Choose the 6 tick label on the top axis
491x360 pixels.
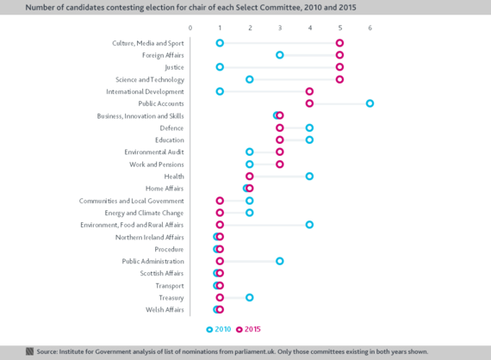click(x=370, y=28)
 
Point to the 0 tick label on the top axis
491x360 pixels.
click(x=190, y=28)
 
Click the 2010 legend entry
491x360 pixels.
click(x=219, y=329)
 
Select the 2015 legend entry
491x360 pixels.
click(x=248, y=329)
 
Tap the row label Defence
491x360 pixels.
click(x=171, y=128)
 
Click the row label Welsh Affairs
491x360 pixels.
click(x=165, y=309)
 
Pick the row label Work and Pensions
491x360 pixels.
click(x=157, y=164)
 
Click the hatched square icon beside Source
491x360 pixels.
click(x=29, y=351)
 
